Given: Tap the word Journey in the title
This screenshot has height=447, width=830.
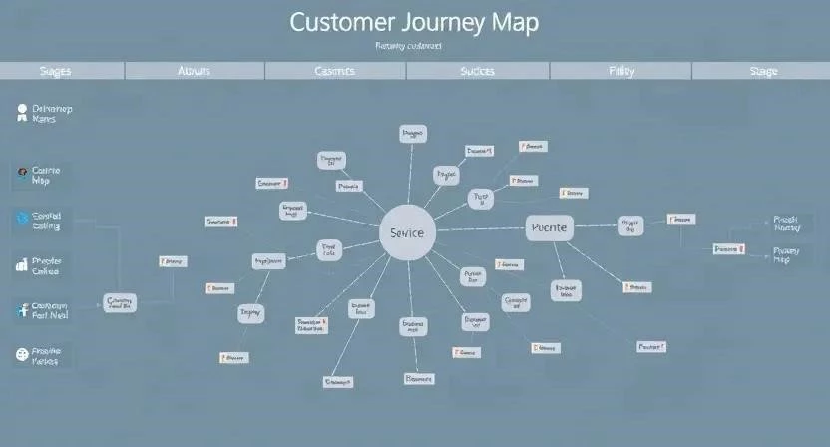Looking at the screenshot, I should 450,22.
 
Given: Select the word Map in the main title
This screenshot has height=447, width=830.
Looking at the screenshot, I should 516,22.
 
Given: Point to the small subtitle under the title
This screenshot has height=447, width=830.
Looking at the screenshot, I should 409,46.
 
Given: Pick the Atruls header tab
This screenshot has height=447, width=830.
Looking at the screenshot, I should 196,71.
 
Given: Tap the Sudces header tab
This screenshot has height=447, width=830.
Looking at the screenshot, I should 478,71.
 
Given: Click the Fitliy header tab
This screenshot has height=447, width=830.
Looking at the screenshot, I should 622,71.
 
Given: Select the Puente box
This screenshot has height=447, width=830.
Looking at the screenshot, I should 548,227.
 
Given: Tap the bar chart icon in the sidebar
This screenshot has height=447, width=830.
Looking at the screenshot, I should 22,265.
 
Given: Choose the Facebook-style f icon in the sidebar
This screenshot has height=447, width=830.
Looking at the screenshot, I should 22,309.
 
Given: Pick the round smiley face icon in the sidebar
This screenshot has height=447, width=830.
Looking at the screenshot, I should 23,354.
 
